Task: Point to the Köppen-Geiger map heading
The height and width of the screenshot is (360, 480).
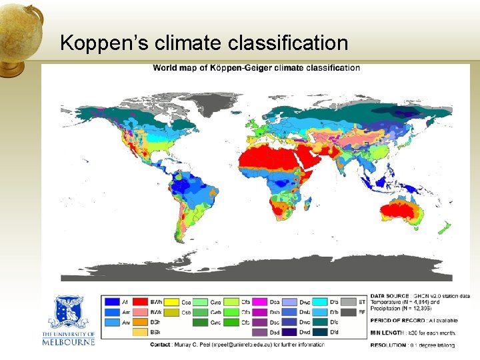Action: [256, 67]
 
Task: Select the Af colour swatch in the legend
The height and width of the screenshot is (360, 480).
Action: [111, 302]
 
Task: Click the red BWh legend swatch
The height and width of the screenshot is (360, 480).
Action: [140, 302]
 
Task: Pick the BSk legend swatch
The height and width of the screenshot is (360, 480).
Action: [140, 332]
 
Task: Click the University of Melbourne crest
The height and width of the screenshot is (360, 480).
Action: [70, 312]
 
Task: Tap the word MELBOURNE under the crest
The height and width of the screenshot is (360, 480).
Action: [69, 342]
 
